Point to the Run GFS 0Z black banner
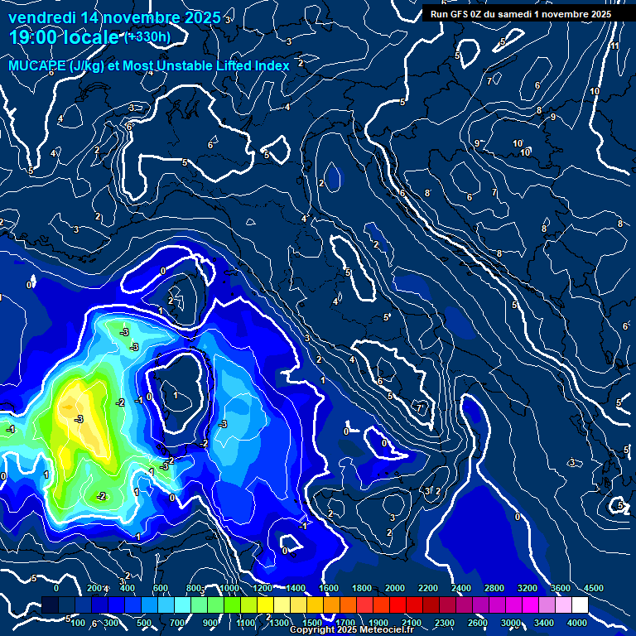pyautogui.click(x=520, y=14)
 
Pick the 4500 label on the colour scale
pyautogui.click(x=593, y=587)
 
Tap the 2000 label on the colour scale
pyautogui.click(x=395, y=587)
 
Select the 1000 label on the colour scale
pyautogui.click(x=229, y=587)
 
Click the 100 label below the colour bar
pyautogui.click(x=79, y=623)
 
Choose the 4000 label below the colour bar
pyautogui.click(x=577, y=623)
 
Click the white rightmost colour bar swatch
pyautogui.click(x=580, y=605)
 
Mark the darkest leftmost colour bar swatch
pyautogui.click(x=50, y=605)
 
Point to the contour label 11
pyautogui.click(x=614, y=46)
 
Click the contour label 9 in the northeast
pyautogui.click(x=552, y=117)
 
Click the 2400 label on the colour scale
pyautogui.click(x=461, y=587)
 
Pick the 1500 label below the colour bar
pyautogui.click(x=311, y=623)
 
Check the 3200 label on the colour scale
pyautogui.click(x=528, y=587)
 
